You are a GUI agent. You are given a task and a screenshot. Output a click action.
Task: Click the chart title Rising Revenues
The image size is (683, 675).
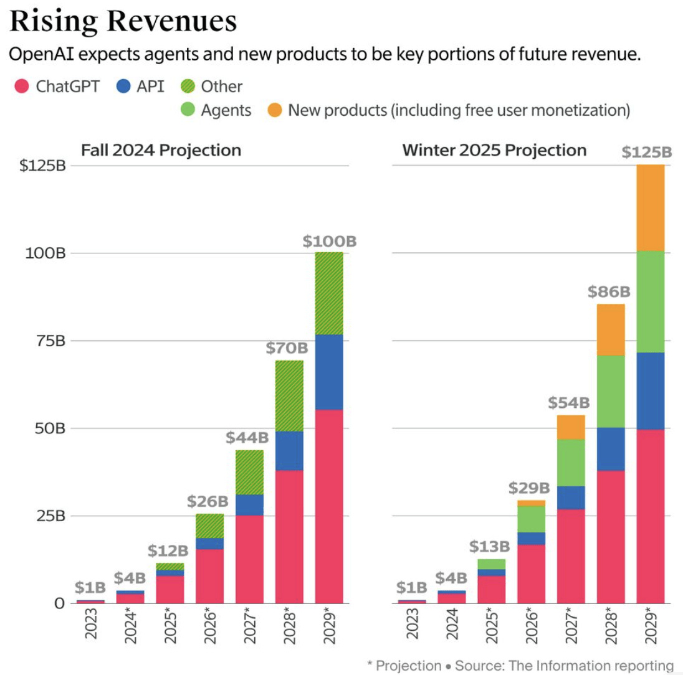tap(123, 21)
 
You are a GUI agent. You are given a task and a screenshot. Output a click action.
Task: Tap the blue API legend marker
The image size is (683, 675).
tap(123, 86)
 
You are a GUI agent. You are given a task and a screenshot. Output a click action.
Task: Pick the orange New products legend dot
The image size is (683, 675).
tap(275, 110)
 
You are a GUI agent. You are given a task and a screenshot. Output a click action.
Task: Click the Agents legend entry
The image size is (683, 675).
tap(226, 110)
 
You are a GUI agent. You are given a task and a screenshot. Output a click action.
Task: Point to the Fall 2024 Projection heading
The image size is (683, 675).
tap(161, 150)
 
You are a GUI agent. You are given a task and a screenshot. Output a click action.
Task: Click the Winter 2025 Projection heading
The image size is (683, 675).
tap(494, 150)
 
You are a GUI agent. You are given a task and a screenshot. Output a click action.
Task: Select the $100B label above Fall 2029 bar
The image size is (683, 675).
tap(329, 242)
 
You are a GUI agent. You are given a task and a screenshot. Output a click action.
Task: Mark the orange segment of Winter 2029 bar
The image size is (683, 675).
tap(650, 208)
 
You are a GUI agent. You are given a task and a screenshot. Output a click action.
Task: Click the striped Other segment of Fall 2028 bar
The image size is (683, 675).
tap(289, 395)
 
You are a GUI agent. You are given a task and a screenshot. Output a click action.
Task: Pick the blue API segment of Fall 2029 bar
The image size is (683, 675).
tap(328, 372)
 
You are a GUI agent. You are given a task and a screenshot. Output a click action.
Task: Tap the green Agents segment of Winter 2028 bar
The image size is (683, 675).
tap(610, 391)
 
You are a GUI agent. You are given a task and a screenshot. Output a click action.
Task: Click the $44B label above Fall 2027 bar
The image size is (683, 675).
tap(249, 438)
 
